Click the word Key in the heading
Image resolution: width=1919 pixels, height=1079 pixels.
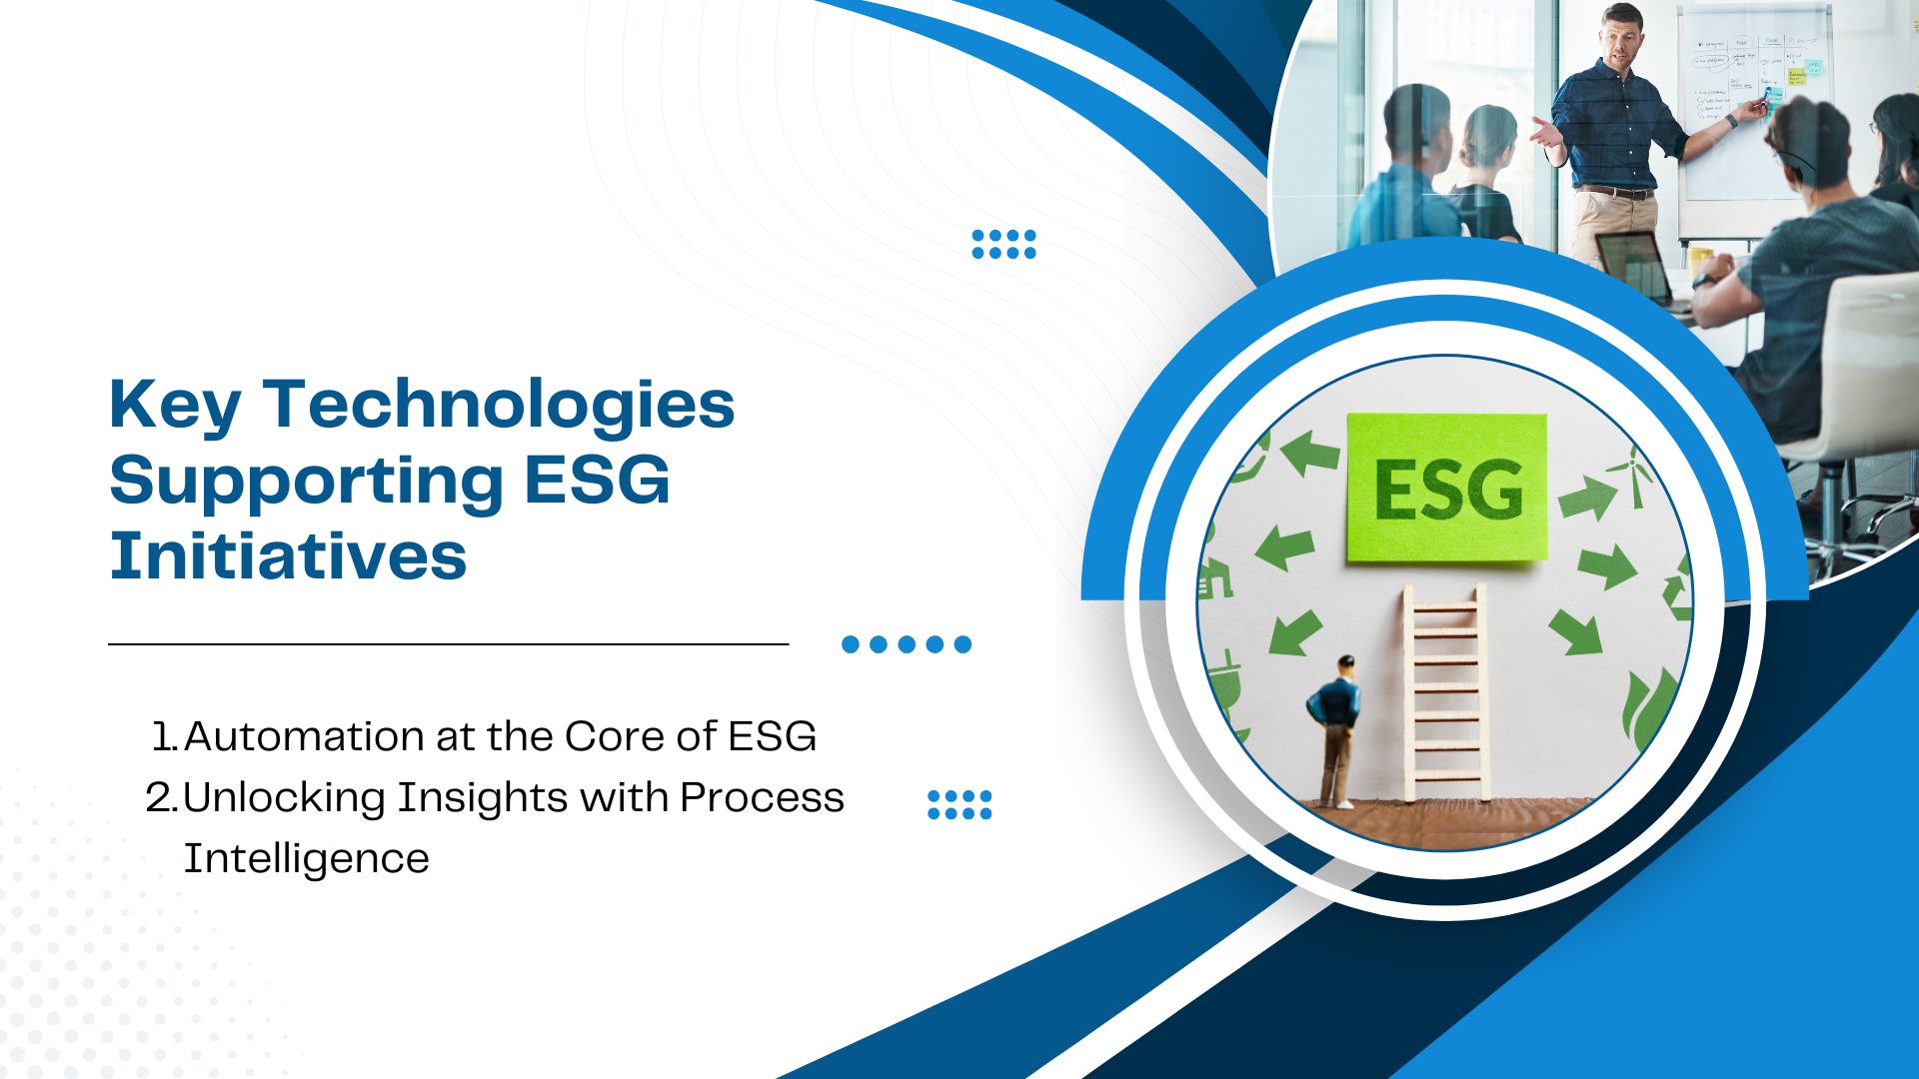(x=175, y=407)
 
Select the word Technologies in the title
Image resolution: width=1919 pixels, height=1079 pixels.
(x=499, y=407)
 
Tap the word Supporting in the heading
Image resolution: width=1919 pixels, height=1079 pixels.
(x=306, y=483)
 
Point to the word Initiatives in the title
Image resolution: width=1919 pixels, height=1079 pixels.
(x=288, y=555)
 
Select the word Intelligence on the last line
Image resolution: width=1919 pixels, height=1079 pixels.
(x=306, y=859)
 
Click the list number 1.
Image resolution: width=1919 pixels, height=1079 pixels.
(x=164, y=737)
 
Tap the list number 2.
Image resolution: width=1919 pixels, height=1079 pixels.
(x=161, y=798)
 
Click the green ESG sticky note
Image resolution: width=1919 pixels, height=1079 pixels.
(x=1446, y=488)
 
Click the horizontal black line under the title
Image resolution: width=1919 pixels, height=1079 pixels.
(x=449, y=644)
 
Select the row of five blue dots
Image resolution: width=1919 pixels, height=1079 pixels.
(x=907, y=644)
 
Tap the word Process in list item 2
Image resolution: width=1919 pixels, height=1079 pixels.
(x=762, y=798)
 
